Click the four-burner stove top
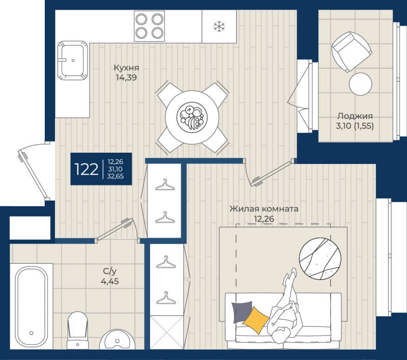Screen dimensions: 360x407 (x=149, y=26)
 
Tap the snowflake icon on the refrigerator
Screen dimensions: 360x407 (x=219, y=26)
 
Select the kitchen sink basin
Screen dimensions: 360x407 (x=72, y=60)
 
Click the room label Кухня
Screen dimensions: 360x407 (x=126, y=68)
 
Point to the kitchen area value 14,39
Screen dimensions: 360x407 (x=126, y=78)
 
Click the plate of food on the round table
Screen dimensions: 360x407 (x=191, y=117)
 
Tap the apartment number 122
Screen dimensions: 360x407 (x=86, y=169)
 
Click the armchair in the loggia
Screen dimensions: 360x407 (x=352, y=51)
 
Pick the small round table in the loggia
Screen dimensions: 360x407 (x=361, y=84)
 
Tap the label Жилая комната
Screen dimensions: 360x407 (x=264, y=209)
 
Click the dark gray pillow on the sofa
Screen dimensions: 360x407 (x=241, y=311)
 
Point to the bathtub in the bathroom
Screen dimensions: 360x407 (x=31, y=306)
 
